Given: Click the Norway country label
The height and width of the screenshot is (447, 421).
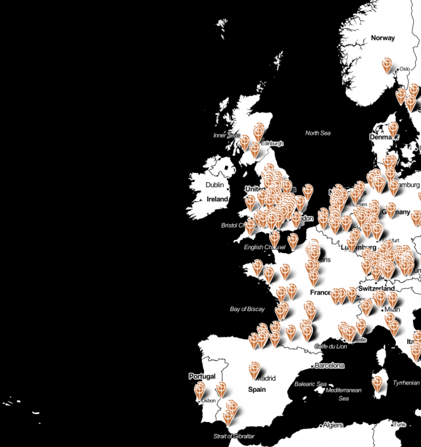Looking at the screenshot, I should click(x=383, y=38).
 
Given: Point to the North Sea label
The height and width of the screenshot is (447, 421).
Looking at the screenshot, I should click(x=318, y=133).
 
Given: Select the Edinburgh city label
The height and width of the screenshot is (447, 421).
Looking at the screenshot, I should click(x=272, y=144).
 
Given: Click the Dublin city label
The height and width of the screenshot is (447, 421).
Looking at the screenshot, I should click(x=214, y=185).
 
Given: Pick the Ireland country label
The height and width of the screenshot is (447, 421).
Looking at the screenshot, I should click(x=217, y=199).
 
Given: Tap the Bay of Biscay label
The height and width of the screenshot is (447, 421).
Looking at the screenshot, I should click(x=247, y=309).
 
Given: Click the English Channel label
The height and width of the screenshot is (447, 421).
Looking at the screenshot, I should click(x=262, y=247).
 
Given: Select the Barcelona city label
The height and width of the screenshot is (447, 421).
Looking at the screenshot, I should click(x=330, y=365).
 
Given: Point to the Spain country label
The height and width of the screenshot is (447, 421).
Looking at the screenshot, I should click(x=257, y=389).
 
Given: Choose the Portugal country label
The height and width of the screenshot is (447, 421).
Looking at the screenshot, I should click(x=202, y=377).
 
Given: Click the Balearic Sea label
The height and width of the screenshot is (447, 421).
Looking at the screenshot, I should click(x=311, y=384).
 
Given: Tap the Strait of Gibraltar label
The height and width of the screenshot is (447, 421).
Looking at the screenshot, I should click(x=234, y=436).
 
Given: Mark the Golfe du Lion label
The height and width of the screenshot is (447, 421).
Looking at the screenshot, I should click(x=331, y=346).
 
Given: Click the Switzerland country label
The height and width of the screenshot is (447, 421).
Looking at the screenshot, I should click(x=376, y=289).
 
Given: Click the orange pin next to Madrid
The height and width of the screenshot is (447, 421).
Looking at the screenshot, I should click(x=255, y=369).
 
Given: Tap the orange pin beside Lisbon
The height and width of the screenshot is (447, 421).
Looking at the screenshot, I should click(x=199, y=390).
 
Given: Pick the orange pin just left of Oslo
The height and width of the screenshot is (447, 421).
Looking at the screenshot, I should click(x=388, y=64).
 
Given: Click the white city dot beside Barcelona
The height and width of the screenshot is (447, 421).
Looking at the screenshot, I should click(x=312, y=365).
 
